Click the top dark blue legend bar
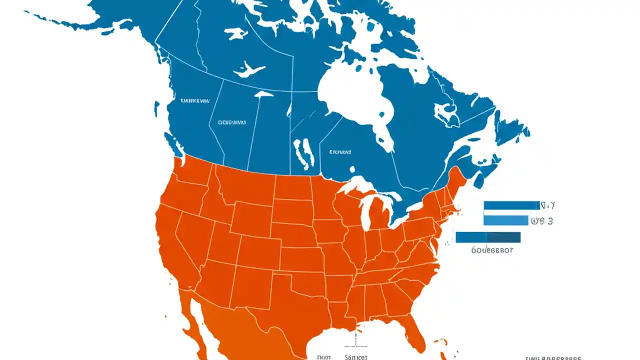511,205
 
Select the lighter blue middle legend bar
505,220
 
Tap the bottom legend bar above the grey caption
488,237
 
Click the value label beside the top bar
548,205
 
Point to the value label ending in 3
542,220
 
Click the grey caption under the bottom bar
492,250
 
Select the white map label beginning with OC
231,121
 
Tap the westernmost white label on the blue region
194,101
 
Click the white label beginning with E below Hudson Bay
340,151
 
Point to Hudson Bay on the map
352,95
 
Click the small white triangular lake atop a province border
263,93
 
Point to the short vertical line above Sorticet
355,340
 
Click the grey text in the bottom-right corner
552,357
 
